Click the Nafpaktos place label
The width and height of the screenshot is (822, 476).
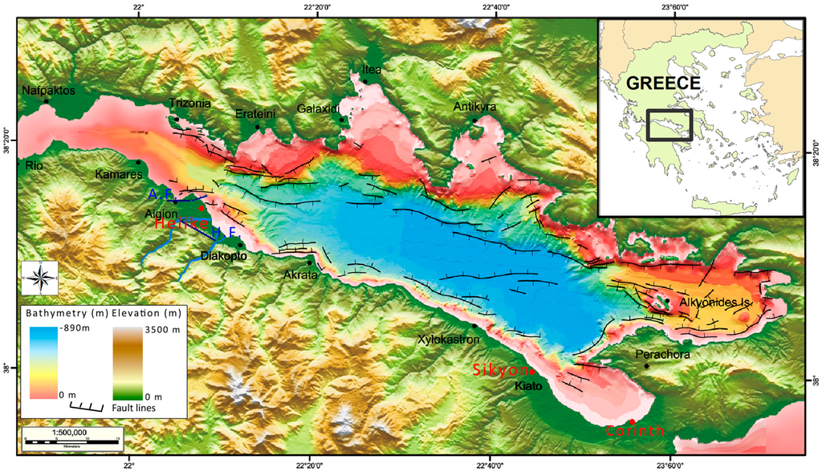coord(49,91)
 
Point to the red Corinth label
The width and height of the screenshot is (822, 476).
coord(634,432)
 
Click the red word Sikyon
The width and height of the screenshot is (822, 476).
coord(498,370)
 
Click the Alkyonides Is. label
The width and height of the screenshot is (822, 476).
coord(710,303)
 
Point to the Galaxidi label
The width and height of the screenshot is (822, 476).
coord(319,108)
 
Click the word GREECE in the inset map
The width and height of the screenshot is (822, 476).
coord(663,83)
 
